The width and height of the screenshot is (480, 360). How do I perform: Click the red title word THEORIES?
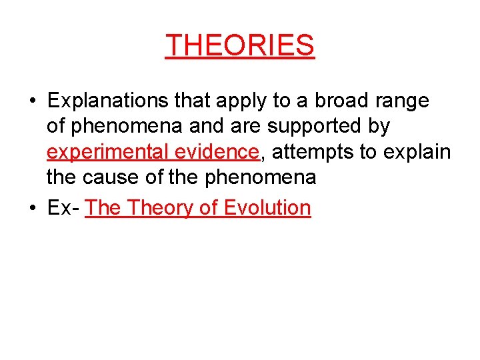240,45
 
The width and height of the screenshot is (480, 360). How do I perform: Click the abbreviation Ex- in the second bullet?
63,207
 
